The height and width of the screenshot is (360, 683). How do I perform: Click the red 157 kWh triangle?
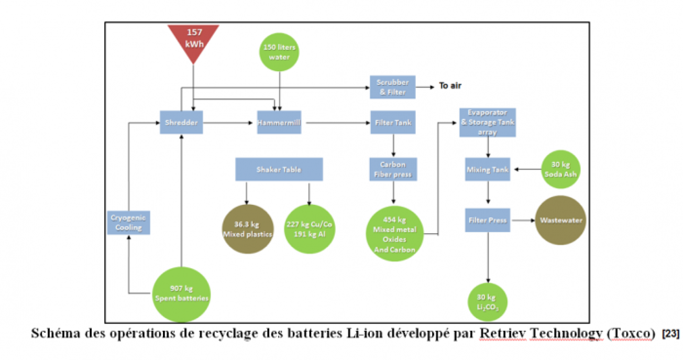click(x=194, y=39)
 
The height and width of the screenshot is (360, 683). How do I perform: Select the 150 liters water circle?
click(x=279, y=52)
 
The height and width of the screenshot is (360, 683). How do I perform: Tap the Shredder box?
click(x=181, y=122)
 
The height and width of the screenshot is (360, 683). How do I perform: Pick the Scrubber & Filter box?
click(x=392, y=86)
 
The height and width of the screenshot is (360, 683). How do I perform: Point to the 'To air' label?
click(x=450, y=86)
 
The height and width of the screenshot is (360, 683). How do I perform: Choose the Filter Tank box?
click(x=393, y=122)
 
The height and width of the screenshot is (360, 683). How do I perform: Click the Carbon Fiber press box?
click(x=393, y=169)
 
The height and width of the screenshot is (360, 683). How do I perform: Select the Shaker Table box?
click(x=279, y=169)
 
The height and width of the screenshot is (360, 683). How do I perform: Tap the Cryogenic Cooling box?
click(x=129, y=222)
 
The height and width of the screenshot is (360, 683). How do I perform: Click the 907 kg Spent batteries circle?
click(x=181, y=294)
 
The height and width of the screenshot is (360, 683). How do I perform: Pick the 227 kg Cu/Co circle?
click(x=309, y=229)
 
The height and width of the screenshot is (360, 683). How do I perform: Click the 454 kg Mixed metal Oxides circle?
click(x=394, y=234)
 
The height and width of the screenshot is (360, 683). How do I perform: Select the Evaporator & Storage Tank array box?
click(x=487, y=122)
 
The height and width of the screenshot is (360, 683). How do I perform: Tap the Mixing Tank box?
click(x=487, y=169)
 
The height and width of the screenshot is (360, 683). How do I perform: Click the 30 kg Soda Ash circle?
click(x=561, y=169)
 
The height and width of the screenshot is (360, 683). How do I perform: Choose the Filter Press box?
click(x=487, y=220)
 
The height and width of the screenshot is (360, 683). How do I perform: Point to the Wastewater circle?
click(x=561, y=220)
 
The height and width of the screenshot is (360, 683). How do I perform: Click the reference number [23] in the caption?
click(x=670, y=334)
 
